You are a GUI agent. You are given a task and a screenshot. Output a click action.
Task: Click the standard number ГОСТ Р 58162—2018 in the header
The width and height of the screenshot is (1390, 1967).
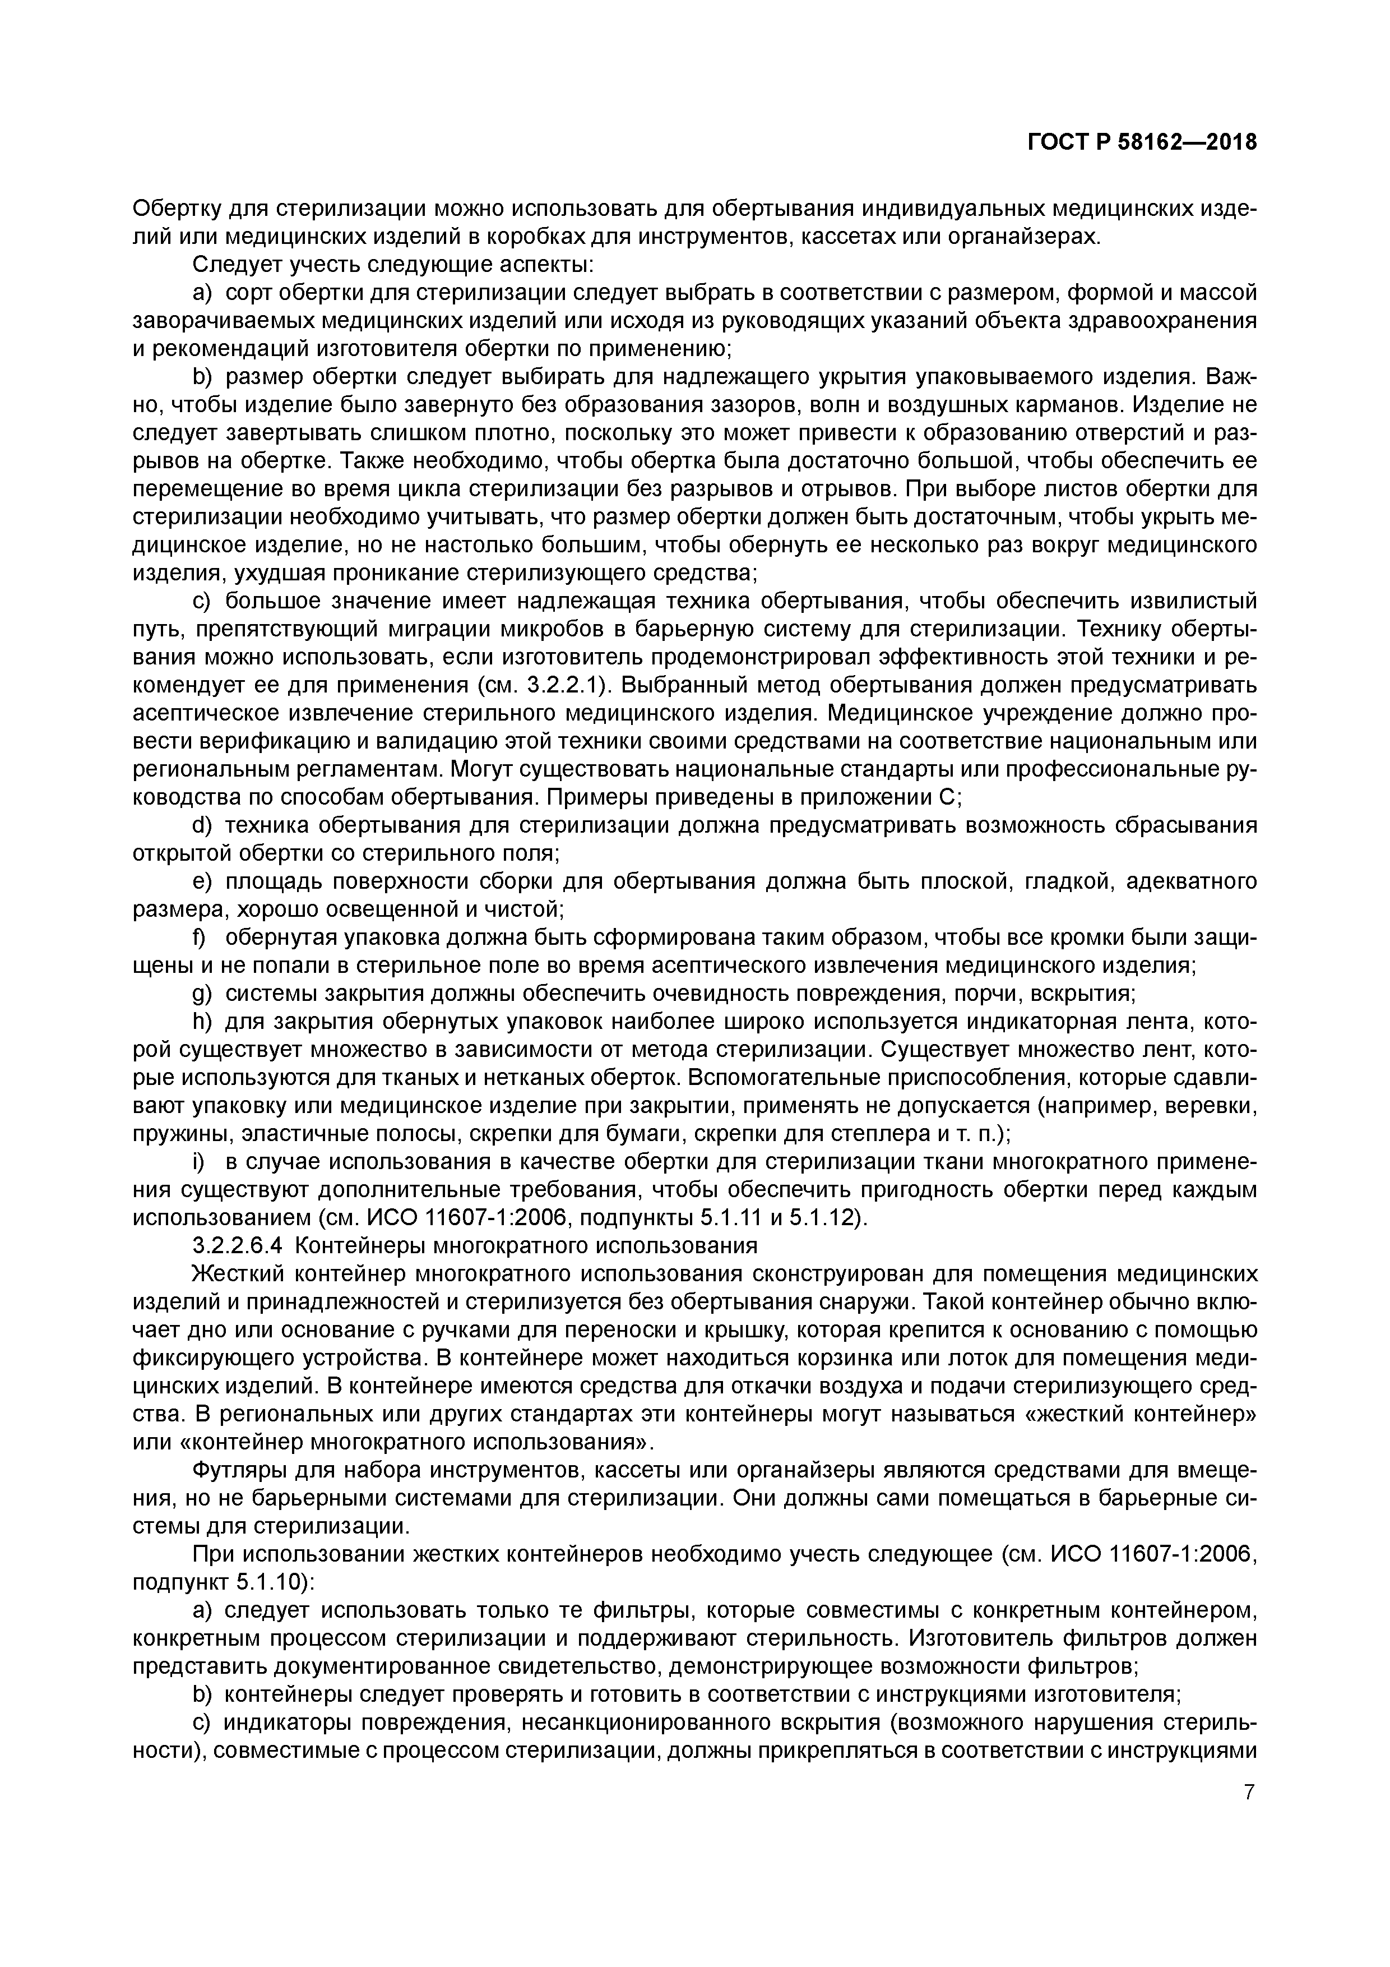pyautogui.click(x=1142, y=142)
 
